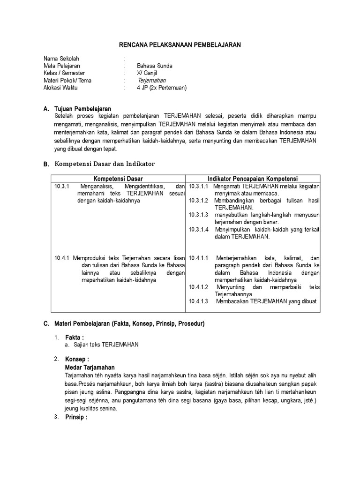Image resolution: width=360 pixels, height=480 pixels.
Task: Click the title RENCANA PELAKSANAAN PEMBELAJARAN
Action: click(179, 45)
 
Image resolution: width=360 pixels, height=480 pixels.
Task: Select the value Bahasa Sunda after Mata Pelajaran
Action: click(154, 66)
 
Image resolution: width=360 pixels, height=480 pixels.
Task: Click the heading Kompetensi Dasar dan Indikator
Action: click(105, 163)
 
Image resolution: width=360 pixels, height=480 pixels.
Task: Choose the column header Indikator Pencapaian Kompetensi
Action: click(254, 179)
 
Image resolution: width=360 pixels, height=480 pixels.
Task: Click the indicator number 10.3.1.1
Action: click(199, 186)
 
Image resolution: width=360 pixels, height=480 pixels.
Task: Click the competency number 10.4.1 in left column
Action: click(62, 258)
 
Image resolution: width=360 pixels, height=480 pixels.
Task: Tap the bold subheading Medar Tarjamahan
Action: click(90, 367)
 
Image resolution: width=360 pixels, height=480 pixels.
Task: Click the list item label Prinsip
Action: click(76, 417)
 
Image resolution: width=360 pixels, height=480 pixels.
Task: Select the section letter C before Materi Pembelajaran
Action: click(46, 323)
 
